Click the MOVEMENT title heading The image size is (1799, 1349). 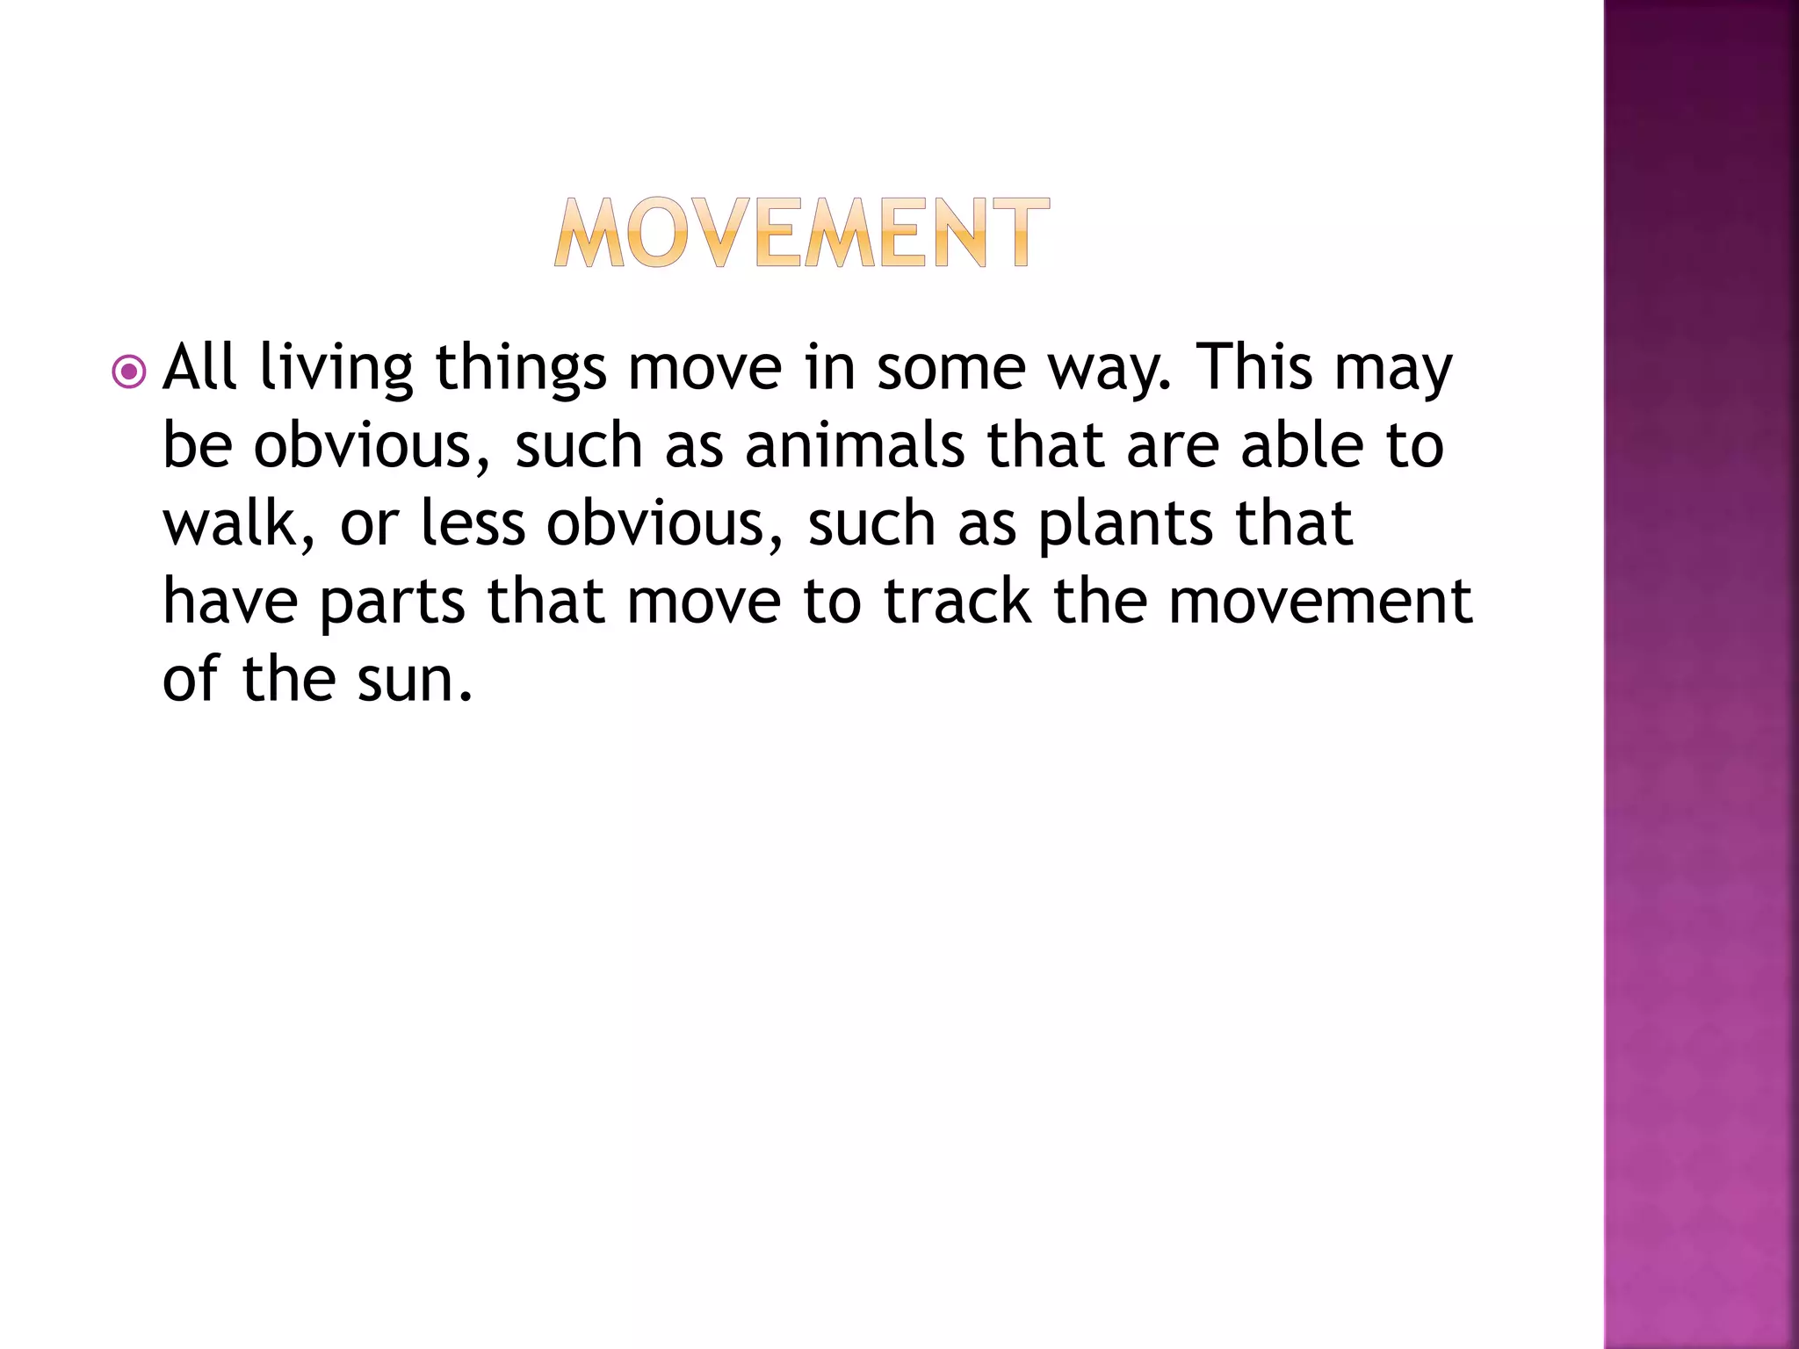801,233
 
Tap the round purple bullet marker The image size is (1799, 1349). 129,372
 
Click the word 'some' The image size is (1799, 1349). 951,368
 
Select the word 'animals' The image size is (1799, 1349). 855,444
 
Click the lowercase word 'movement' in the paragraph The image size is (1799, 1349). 1320,602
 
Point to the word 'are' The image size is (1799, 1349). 1173,446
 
